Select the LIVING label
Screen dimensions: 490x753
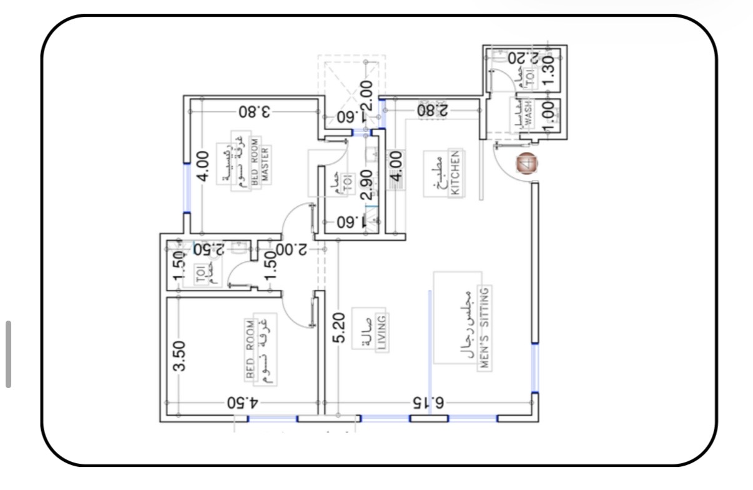[381, 331]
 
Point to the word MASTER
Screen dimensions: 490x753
[264, 164]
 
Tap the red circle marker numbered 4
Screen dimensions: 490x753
[528, 164]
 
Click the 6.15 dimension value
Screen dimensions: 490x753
[428, 402]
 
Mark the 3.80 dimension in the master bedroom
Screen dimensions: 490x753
[256, 112]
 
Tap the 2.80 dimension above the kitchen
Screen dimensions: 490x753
[432, 111]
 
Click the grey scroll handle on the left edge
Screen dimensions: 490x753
[8, 354]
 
